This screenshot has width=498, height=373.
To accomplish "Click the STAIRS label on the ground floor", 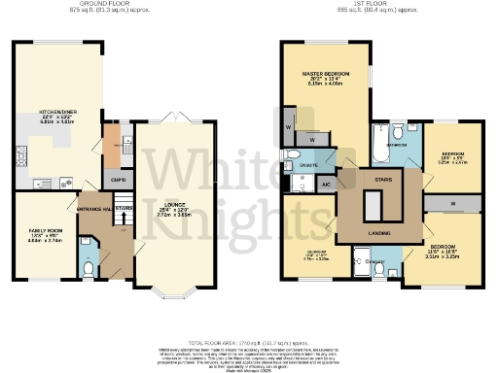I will point(124,208).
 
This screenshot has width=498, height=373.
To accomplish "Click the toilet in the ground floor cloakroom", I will point(88,270).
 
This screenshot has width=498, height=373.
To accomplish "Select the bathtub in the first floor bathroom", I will point(378,146).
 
